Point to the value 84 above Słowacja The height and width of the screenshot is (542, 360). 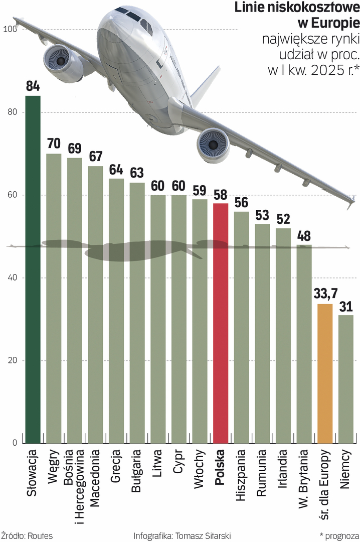[x=33, y=86]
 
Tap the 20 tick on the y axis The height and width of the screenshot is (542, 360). [x=12, y=360]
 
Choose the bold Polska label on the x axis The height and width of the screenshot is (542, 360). [x=221, y=467]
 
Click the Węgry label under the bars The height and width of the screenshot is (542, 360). [x=54, y=467]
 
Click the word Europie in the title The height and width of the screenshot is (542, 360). [x=336, y=23]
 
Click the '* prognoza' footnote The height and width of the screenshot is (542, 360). [x=338, y=535]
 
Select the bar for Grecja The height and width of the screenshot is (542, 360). [x=116, y=311]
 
